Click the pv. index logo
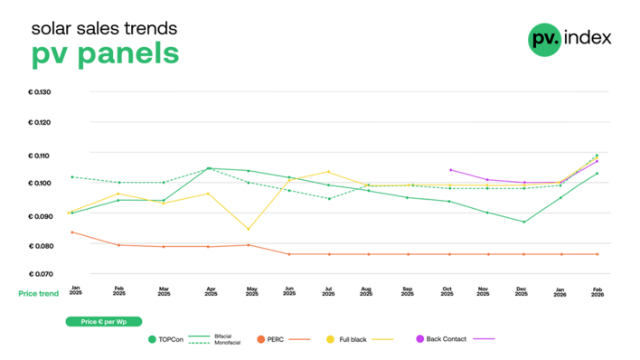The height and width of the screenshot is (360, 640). [x=569, y=38]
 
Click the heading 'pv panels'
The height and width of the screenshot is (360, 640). [x=105, y=53]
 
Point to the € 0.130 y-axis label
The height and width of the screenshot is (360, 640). [x=40, y=92]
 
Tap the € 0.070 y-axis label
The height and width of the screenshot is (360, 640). [x=40, y=273]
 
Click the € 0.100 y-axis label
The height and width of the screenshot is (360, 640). [x=40, y=183]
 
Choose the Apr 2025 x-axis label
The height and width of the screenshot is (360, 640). [x=210, y=291]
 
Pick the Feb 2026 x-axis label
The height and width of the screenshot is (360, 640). [x=597, y=291]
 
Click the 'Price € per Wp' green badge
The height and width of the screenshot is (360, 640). [x=100, y=321]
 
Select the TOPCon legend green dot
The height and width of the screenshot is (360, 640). [x=152, y=339]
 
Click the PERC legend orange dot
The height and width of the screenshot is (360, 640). [x=260, y=339]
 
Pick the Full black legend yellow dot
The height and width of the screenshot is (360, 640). [x=330, y=339]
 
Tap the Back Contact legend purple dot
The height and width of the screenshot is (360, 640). [x=419, y=339]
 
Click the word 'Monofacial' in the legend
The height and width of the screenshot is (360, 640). [x=226, y=344]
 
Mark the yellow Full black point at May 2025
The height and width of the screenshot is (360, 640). [x=249, y=229]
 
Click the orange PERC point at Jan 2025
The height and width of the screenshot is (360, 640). [x=73, y=232]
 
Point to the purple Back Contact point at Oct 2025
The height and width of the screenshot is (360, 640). [x=449, y=169]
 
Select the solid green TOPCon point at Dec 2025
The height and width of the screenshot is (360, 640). [x=523, y=222]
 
